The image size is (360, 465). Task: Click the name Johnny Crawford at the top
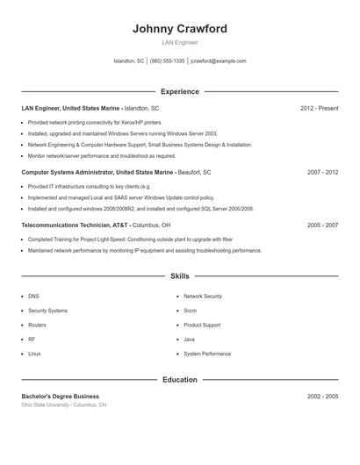click(x=179, y=28)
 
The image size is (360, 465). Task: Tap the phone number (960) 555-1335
click(x=167, y=61)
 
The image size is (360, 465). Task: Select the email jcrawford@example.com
click(x=218, y=61)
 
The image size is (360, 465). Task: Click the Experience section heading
click(x=179, y=91)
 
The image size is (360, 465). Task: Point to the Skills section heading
click(x=179, y=276)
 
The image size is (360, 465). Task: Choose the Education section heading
click(x=179, y=380)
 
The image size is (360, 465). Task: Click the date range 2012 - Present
click(x=319, y=108)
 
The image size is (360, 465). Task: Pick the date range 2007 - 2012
click(x=322, y=173)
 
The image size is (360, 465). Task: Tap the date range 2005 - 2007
click(x=322, y=225)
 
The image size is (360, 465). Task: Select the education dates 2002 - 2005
click(x=322, y=397)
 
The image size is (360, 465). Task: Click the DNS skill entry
click(x=33, y=297)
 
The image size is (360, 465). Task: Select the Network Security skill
click(x=203, y=297)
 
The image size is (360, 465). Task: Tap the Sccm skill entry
click(x=191, y=311)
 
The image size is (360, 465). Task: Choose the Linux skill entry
click(x=34, y=354)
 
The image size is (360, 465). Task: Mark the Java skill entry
click(x=189, y=340)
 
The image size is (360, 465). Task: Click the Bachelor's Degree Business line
click(x=60, y=397)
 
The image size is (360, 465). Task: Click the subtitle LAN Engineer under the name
click(x=179, y=42)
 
